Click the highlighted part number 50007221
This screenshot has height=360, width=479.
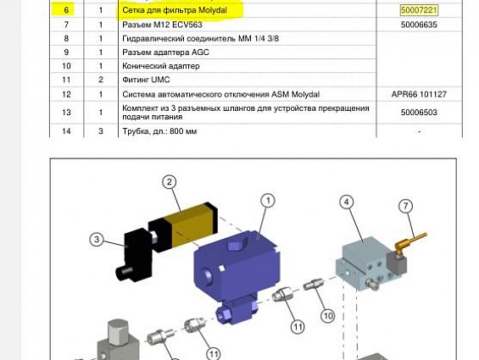[419, 10]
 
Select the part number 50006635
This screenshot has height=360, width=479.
[419, 25]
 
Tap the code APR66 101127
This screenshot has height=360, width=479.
[419, 94]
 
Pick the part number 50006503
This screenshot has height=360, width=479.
[419, 112]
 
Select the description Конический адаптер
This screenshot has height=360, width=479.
[161, 66]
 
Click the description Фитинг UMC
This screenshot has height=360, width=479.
[147, 80]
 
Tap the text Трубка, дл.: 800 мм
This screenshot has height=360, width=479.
[159, 131]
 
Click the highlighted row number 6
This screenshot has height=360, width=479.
[66, 10]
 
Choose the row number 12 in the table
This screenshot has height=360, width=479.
[66, 94]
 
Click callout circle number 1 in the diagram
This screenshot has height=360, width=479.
[268, 201]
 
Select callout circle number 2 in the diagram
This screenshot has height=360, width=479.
[170, 182]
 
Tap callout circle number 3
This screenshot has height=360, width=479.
[97, 240]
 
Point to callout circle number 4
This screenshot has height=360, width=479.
[347, 202]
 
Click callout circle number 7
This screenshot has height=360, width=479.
[405, 206]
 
